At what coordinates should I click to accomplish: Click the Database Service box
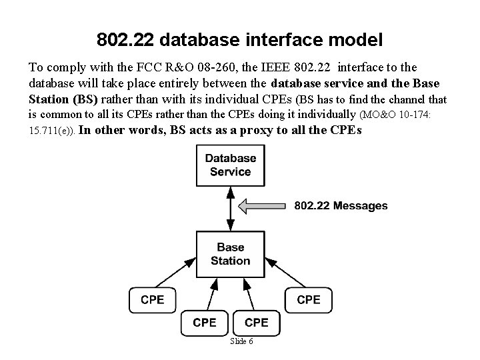[x=230, y=165]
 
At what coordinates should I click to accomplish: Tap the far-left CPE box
[x=152, y=299]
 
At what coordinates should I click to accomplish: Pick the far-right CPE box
[x=308, y=299]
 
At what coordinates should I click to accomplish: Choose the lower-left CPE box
[x=204, y=322]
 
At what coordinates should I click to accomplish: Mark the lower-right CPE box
[x=256, y=322]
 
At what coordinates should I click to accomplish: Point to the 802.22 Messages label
[x=341, y=206]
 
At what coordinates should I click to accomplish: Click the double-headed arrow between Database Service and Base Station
[x=230, y=209]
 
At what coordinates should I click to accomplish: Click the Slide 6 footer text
[x=241, y=341]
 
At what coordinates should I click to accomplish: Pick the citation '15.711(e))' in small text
[x=51, y=132]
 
